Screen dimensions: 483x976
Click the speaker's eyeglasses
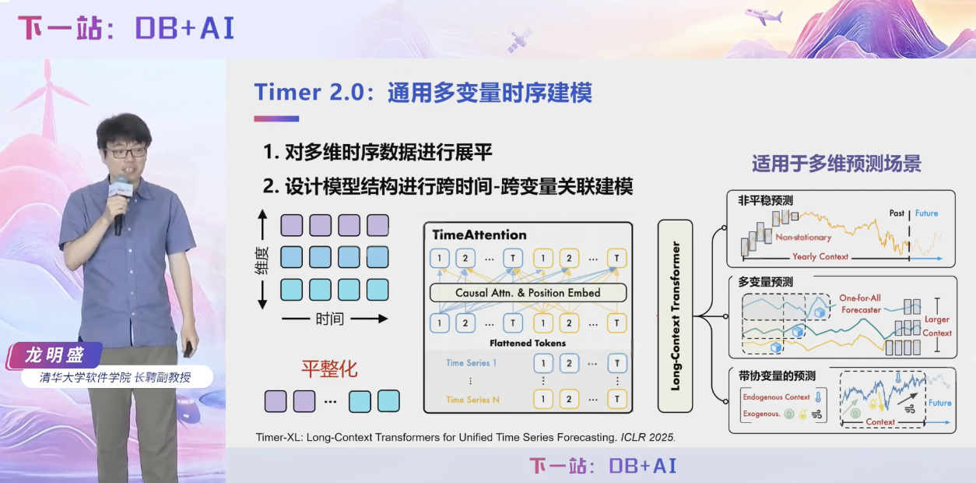[125, 153]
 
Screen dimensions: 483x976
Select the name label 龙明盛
[54, 355]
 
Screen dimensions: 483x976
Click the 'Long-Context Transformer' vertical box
[676, 316]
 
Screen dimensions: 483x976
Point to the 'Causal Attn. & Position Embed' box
[528, 293]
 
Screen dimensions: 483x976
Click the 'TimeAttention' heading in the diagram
[479, 235]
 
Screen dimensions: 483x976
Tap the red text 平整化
[329, 368]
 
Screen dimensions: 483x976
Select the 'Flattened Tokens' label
[527, 343]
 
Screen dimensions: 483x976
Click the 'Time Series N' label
[472, 400]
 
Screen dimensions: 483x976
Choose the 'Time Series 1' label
[471, 363]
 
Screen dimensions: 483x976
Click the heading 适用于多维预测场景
[836, 164]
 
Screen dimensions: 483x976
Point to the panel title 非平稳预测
[765, 200]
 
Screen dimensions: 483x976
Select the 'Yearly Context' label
[820, 256]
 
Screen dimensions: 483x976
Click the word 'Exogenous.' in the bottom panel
[761, 414]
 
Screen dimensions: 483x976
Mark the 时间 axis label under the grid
[329, 319]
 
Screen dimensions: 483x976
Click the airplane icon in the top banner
[764, 16]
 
